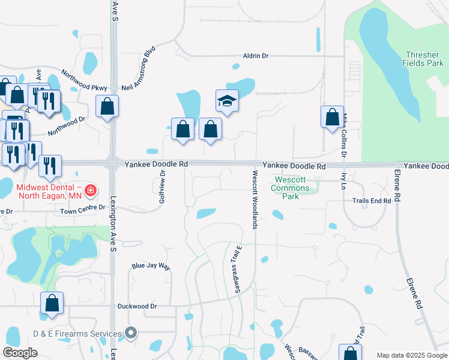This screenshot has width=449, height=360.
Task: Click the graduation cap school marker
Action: [228, 101]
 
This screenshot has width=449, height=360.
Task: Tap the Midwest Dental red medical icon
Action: [91, 191]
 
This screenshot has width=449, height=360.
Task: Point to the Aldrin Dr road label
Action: [256, 56]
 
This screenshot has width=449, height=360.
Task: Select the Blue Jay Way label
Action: [151, 266]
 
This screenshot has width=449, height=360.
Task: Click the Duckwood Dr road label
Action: [137, 306]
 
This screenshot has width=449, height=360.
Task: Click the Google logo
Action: [20, 353]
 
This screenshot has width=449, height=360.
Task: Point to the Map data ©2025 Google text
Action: [411, 355]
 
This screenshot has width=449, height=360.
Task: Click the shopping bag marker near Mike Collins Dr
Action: [332, 118]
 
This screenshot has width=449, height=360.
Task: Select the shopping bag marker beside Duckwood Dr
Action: [52, 304]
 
